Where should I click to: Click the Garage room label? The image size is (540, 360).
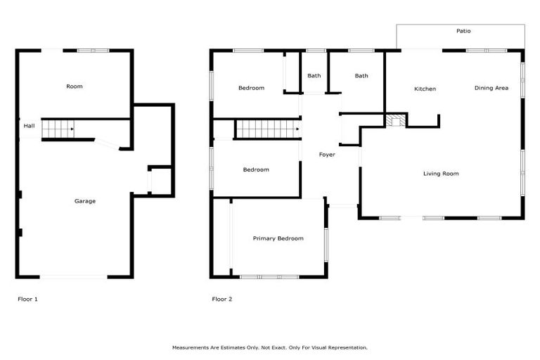(x=85, y=201)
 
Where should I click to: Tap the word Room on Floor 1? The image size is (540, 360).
(x=75, y=86)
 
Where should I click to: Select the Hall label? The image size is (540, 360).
(x=29, y=126)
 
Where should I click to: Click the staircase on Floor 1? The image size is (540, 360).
(x=58, y=129)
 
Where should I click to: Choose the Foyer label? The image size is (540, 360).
(x=327, y=155)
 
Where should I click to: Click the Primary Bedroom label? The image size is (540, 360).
(x=278, y=238)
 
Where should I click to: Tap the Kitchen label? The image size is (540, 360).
(x=425, y=89)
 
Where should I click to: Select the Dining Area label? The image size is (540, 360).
(x=491, y=88)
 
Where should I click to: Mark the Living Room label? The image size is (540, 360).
(x=441, y=174)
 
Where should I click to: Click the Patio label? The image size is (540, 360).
(x=463, y=31)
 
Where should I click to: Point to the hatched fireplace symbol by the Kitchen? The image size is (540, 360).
(x=396, y=120)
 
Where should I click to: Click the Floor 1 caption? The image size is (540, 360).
(x=27, y=299)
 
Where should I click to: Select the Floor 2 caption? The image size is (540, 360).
(x=222, y=299)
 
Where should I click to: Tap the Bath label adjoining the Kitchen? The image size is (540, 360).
(x=361, y=76)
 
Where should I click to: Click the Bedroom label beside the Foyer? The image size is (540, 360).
(x=256, y=169)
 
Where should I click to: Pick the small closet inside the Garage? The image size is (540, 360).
(x=160, y=181)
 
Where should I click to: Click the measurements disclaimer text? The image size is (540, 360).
(x=270, y=347)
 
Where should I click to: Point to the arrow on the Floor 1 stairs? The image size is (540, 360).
(x=72, y=129)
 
